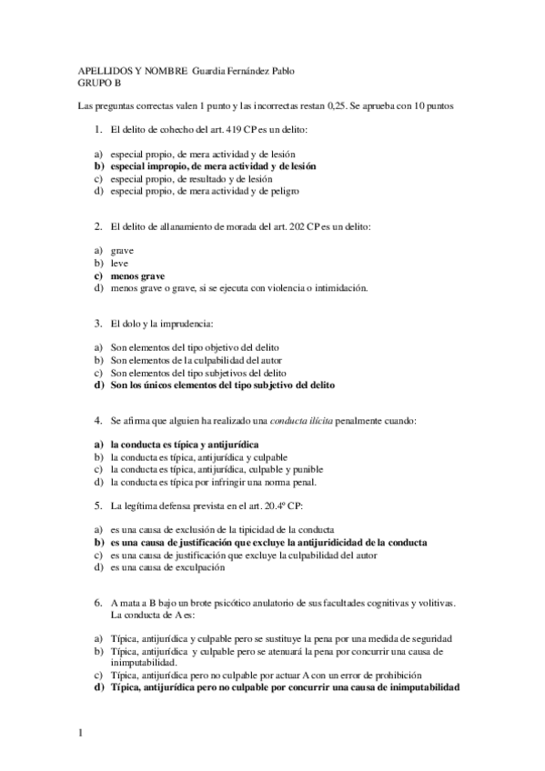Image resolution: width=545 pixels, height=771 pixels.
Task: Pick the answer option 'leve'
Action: tap(119, 262)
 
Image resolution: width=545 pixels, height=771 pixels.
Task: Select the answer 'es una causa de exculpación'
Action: tap(167, 568)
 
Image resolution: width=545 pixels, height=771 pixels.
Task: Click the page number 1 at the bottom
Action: tap(81, 730)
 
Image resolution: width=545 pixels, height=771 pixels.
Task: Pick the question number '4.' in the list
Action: tap(98, 421)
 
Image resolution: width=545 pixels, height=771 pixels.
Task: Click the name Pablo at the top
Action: tap(281, 71)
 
